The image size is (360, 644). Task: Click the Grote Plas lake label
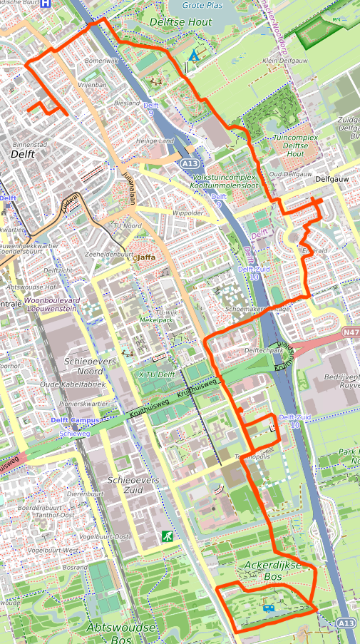pos(203,5)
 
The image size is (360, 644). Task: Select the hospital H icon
pos(46,3)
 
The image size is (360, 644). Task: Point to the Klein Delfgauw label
pos(283,61)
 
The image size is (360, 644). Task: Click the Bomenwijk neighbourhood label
pos(101,61)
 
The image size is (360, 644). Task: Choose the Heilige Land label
pos(155,141)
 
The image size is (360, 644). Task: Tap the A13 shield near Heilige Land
pos(189,163)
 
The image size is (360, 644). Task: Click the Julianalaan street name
pos(130,189)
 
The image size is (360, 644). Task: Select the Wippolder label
pos(187,213)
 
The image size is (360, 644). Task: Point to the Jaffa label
pos(145,257)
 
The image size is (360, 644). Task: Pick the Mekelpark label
pos(161,320)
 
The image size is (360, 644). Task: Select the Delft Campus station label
pos(74,421)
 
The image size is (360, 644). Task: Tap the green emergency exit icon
pos(166,536)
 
